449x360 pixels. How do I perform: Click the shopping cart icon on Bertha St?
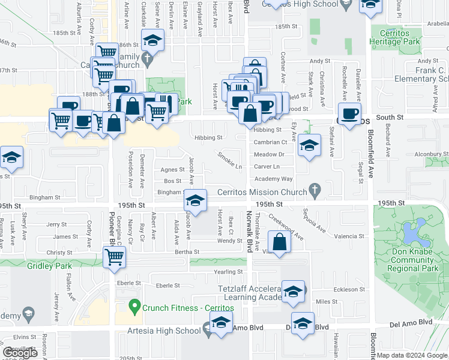[114, 258]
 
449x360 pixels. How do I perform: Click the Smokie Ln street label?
[230, 160]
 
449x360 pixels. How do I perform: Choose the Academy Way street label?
[273, 179]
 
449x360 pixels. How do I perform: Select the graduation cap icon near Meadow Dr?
[309, 146]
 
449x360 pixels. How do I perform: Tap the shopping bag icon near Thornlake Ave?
[280, 242]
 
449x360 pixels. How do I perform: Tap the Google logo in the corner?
[20, 353]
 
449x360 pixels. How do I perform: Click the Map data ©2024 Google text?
[411, 355]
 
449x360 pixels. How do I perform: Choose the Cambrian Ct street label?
[270, 142]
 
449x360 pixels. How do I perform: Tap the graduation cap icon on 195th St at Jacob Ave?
[195, 199]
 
